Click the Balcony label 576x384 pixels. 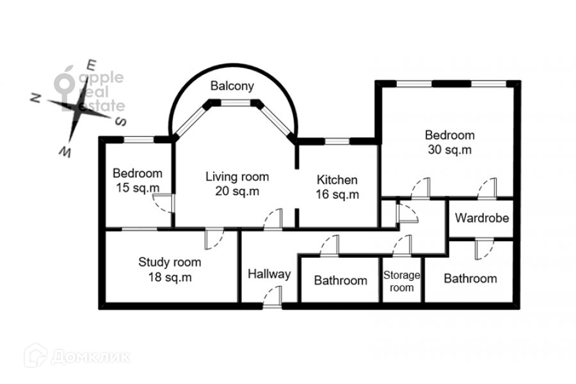[x=232, y=86]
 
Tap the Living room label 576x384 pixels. [x=237, y=177]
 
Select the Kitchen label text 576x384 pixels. [x=337, y=180]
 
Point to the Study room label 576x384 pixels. [x=170, y=262]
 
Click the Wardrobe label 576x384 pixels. [x=481, y=218]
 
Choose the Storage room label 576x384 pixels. [x=401, y=281]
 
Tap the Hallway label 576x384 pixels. [x=269, y=274]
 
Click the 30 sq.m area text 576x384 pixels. [x=450, y=150]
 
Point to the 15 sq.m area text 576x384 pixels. [x=138, y=188]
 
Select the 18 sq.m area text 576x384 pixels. [x=170, y=277]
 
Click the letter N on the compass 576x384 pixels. [x=35, y=98]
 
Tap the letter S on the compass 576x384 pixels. [x=121, y=121]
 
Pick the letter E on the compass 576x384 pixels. [x=91, y=65]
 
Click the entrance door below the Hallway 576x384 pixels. [x=273, y=296]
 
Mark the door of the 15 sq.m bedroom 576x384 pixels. [x=164, y=204]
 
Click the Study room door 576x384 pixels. [x=214, y=239]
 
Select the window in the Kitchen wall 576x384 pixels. [x=337, y=141]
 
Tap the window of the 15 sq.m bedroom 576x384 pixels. [x=138, y=140]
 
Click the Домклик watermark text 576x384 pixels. [x=90, y=357]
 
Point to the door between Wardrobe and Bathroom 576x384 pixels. [x=484, y=249]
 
